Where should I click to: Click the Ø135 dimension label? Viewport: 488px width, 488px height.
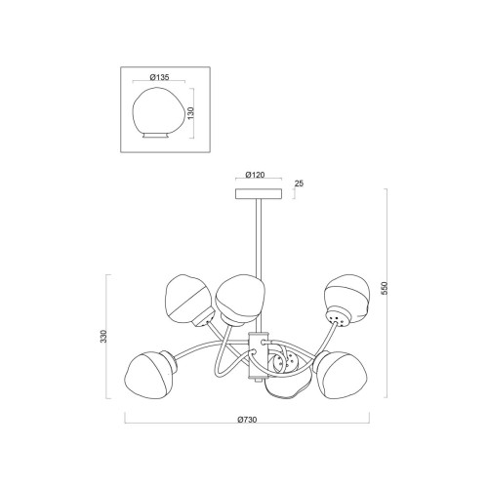(x=159, y=77)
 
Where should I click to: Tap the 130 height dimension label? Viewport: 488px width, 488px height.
(x=191, y=112)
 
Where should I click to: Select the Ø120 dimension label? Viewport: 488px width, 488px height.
(x=255, y=175)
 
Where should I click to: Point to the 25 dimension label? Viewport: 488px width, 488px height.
(x=299, y=183)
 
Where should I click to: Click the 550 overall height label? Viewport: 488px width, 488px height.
(x=385, y=288)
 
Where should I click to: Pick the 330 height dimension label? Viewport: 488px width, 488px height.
(x=103, y=337)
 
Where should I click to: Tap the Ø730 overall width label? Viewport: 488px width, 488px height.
(x=247, y=420)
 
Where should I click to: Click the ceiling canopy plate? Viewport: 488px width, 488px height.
(x=259, y=193)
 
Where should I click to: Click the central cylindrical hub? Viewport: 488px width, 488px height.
(x=259, y=355)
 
